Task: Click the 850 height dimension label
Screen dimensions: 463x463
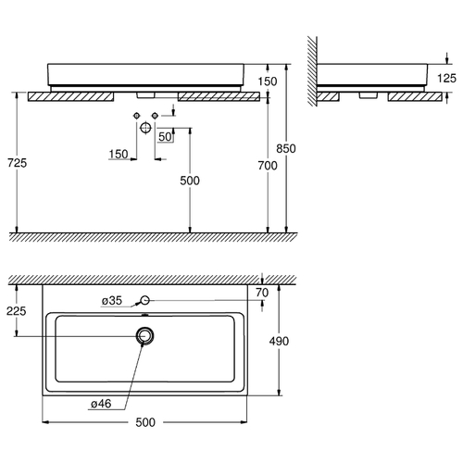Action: tap(286, 148)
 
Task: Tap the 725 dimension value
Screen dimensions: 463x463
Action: tap(18, 163)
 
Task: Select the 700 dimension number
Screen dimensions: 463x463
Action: tap(268, 166)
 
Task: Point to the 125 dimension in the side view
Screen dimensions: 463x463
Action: tap(446, 78)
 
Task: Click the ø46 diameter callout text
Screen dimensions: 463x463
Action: tap(101, 404)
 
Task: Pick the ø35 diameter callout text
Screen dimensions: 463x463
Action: tap(112, 300)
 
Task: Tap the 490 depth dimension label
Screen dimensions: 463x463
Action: tap(279, 341)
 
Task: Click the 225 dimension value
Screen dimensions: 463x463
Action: tap(17, 311)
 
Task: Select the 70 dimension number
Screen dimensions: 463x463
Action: tap(262, 293)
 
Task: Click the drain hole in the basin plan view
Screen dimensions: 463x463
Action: tap(144, 335)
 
